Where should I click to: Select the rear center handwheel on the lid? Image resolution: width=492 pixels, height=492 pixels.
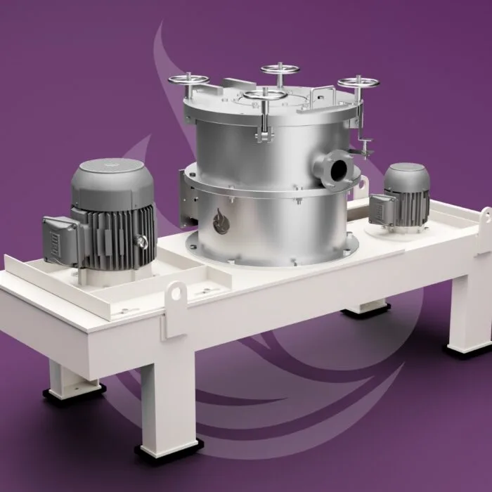(280, 69)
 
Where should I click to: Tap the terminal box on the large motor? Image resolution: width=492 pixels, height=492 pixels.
(58, 233)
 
